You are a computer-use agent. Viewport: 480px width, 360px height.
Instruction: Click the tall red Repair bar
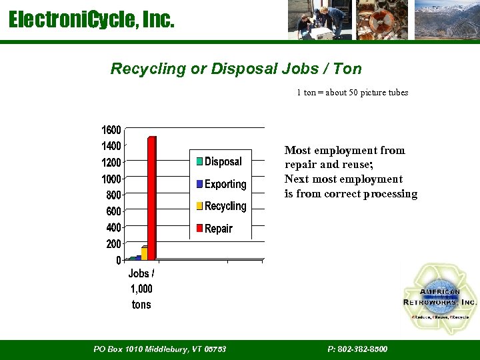152,198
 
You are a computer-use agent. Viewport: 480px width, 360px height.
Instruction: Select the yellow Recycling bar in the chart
144,253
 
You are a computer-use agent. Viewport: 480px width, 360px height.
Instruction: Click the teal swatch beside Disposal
199,161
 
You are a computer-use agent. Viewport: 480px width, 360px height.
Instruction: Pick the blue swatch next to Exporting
199,184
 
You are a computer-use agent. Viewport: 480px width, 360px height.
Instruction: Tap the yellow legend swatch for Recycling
199,206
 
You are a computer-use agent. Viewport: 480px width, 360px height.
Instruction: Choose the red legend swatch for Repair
199,229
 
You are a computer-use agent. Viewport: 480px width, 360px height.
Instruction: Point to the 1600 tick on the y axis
111,129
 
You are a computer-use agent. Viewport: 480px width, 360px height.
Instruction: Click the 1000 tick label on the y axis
111,179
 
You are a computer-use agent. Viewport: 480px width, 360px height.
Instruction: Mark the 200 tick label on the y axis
113,244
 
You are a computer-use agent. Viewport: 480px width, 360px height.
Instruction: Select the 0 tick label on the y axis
119,260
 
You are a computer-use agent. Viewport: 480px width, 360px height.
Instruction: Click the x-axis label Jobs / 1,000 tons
141,289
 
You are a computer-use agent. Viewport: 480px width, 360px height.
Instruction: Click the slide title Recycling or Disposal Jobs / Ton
236,69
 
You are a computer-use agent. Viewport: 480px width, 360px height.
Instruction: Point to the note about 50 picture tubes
352,93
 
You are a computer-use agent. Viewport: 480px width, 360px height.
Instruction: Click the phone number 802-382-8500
357,349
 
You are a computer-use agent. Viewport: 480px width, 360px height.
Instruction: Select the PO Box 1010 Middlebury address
160,349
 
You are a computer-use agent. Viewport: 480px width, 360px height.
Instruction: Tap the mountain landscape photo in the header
446,20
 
